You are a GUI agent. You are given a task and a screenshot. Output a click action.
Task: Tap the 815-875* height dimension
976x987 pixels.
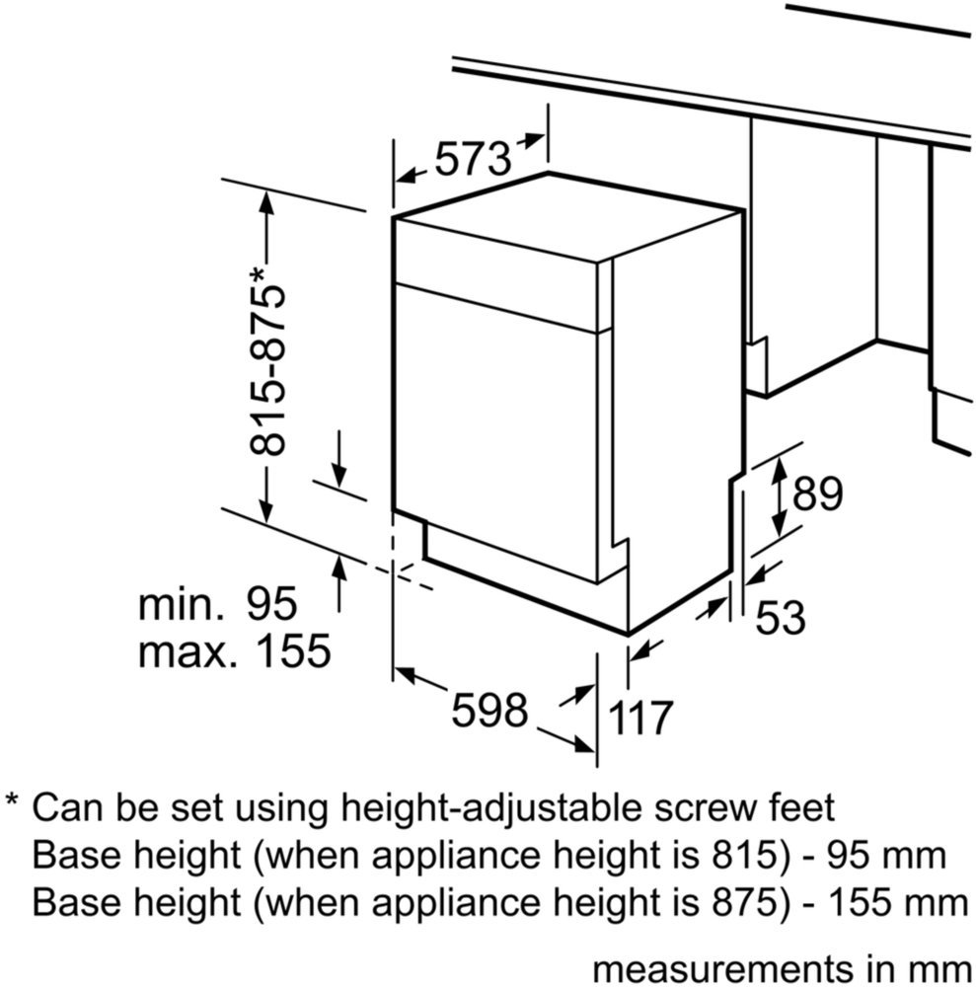pyautogui.click(x=267, y=362)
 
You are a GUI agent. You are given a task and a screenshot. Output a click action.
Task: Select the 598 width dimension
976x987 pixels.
pyautogui.click(x=488, y=710)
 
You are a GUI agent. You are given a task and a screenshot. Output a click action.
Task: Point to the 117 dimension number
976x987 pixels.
pyautogui.click(x=639, y=718)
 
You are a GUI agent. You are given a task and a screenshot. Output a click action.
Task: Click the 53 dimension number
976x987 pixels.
pyautogui.click(x=781, y=617)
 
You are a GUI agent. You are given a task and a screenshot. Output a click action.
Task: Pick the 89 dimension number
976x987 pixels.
pyautogui.click(x=817, y=494)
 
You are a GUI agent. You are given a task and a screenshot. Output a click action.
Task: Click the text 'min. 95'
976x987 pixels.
pyautogui.click(x=217, y=604)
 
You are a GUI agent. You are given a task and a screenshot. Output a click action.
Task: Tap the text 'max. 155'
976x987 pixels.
pyautogui.click(x=234, y=650)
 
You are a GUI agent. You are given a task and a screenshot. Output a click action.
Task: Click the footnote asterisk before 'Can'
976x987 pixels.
pyautogui.click(x=12, y=800)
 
